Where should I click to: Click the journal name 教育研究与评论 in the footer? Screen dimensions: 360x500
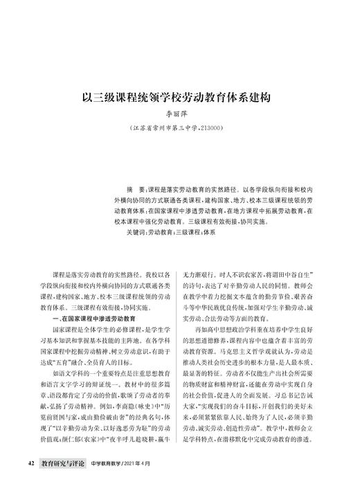[63, 479]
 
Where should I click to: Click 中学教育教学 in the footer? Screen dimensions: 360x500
[106, 479]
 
